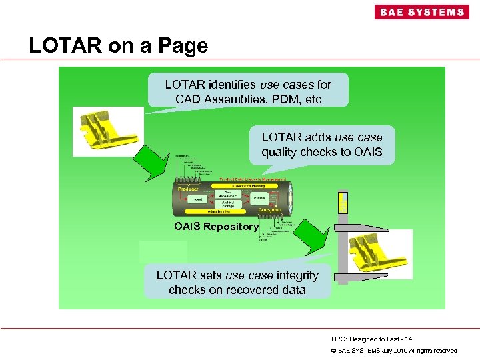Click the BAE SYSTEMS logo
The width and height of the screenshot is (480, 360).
pos(421,12)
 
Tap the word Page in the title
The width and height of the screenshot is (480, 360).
pos(183,45)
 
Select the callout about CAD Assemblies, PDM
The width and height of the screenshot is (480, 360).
pos(248,91)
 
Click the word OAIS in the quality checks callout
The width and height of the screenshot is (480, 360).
pos(369,152)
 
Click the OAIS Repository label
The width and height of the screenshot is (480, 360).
pos(216,227)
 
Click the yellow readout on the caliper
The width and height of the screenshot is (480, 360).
pos(343,203)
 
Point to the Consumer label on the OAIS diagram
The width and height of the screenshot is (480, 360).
pos(270,210)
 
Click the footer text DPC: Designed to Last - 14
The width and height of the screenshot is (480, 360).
pos(371,339)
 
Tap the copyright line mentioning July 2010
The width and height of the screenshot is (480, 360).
pos(394,351)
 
